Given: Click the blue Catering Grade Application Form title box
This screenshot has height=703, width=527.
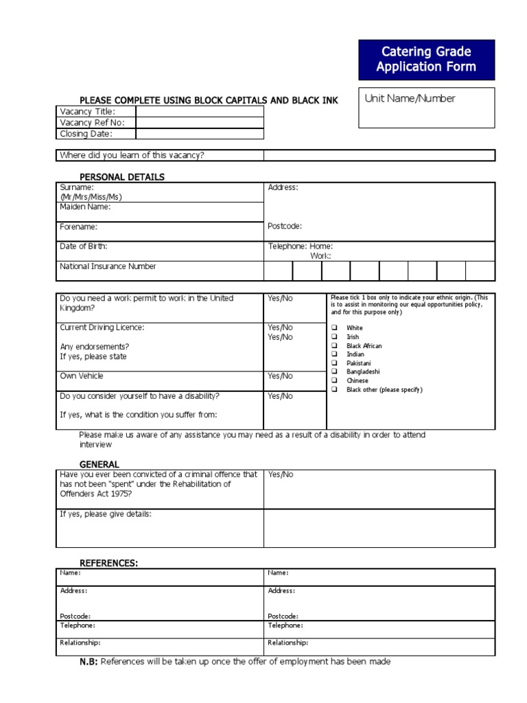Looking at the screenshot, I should [x=425, y=60].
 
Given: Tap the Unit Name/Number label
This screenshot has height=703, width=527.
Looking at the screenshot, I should [x=410, y=99].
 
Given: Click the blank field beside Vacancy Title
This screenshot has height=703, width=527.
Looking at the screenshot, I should [x=199, y=112].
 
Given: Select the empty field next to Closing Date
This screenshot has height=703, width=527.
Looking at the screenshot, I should [x=199, y=134].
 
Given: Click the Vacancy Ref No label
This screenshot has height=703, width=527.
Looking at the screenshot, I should [x=87, y=123].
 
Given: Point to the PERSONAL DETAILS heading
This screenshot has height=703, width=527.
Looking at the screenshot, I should [x=122, y=177].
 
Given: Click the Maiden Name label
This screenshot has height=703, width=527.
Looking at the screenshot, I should [x=85, y=207].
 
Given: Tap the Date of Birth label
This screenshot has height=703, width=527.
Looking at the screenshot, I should [x=84, y=246].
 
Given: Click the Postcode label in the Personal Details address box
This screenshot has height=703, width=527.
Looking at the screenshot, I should [x=285, y=227].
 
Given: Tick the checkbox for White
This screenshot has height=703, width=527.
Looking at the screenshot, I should [x=334, y=328].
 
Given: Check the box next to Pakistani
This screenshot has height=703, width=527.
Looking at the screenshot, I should [x=334, y=363].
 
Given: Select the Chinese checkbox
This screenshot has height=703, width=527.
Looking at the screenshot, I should [x=334, y=380].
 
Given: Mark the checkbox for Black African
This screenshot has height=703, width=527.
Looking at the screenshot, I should [x=334, y=346].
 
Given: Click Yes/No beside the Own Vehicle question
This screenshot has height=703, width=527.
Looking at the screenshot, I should [x=280, y=376].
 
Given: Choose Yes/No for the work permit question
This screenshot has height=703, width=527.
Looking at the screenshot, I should [x=280, y=299].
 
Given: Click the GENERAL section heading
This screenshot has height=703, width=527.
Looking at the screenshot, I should [x=99, y=465].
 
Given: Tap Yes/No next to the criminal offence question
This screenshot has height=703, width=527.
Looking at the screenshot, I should [x=280, y=474].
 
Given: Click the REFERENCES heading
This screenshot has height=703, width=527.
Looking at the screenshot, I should [x=109, y=564].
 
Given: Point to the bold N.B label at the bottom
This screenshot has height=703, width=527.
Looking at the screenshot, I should [x=89, y=662].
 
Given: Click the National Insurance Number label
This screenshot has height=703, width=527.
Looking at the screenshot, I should [x=108, y=266].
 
